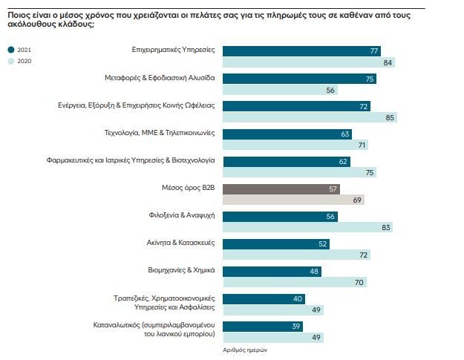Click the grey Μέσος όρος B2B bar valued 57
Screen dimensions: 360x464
coord(281,189)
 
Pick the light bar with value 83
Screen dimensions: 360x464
coord(309,228)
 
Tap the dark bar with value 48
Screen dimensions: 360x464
coord(272,271)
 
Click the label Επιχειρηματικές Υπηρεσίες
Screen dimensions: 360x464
coord(172,50)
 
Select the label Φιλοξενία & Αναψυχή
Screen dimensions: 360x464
coord(182,216)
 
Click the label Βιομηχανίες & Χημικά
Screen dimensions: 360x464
coord(182,271)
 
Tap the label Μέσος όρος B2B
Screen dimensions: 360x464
coord(188,189)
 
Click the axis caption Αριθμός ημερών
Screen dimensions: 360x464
coord(244,349)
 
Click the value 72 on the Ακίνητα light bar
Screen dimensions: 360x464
coord(365,255)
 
